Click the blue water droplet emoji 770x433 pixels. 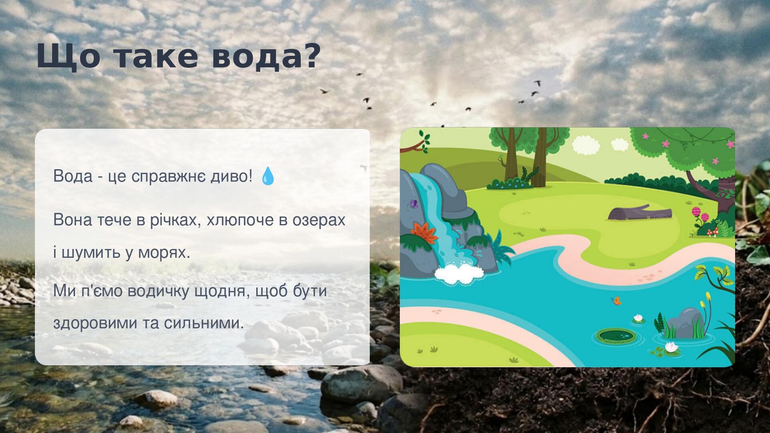(268, 176)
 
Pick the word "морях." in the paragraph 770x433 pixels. (164, 253)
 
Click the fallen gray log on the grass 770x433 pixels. (640, 212)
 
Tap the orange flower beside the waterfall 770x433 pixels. (425, 233)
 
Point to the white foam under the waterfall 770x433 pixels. (459, 273)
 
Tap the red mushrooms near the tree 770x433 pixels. (713, 232)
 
